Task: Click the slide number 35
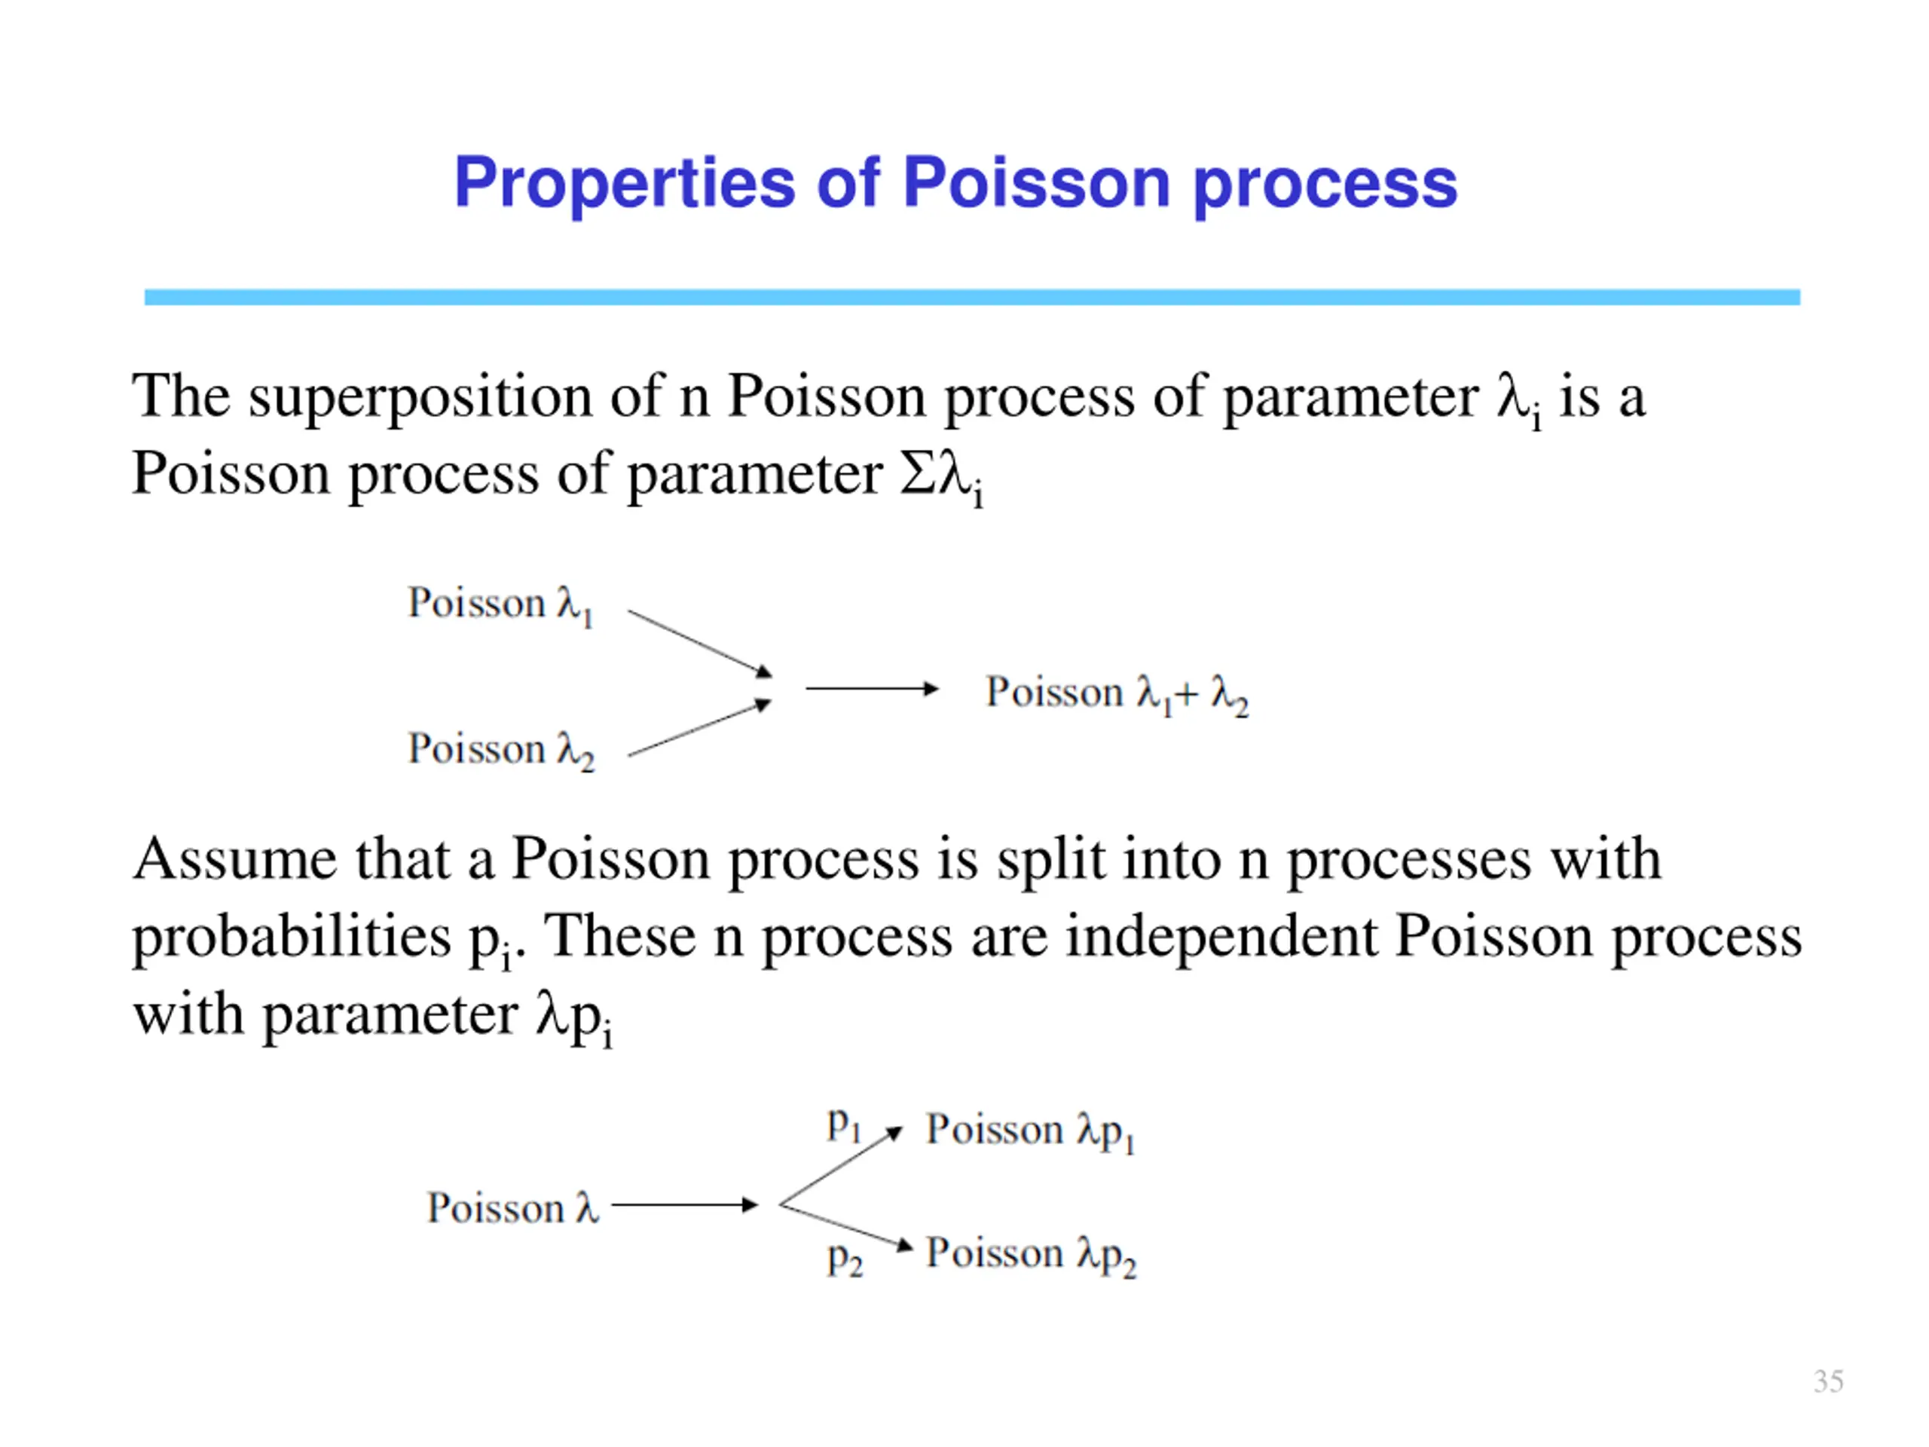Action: (x=1828, y=1381)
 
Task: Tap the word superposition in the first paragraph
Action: (x=420, y=399)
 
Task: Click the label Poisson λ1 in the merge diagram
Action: (x=500, y=604)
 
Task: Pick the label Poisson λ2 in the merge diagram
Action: (x=500, y=750)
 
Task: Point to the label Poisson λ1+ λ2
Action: (x=1116, y=694)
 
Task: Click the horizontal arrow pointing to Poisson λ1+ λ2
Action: (x=871, y=689)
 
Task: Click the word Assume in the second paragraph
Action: (x=234, y=860)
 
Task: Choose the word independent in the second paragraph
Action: (x=1221, y=938)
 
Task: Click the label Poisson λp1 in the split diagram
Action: (x=1030, y=1131)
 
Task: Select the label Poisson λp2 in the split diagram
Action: (x=1030, y=1255)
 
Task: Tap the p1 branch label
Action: (x=843, y=1125)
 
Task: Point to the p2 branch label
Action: (x=844, y=1259)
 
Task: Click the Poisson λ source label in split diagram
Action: (x=512, y=1209)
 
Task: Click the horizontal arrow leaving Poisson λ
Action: (x=684, y=1205)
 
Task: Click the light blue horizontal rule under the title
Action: (x=971, y=298)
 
